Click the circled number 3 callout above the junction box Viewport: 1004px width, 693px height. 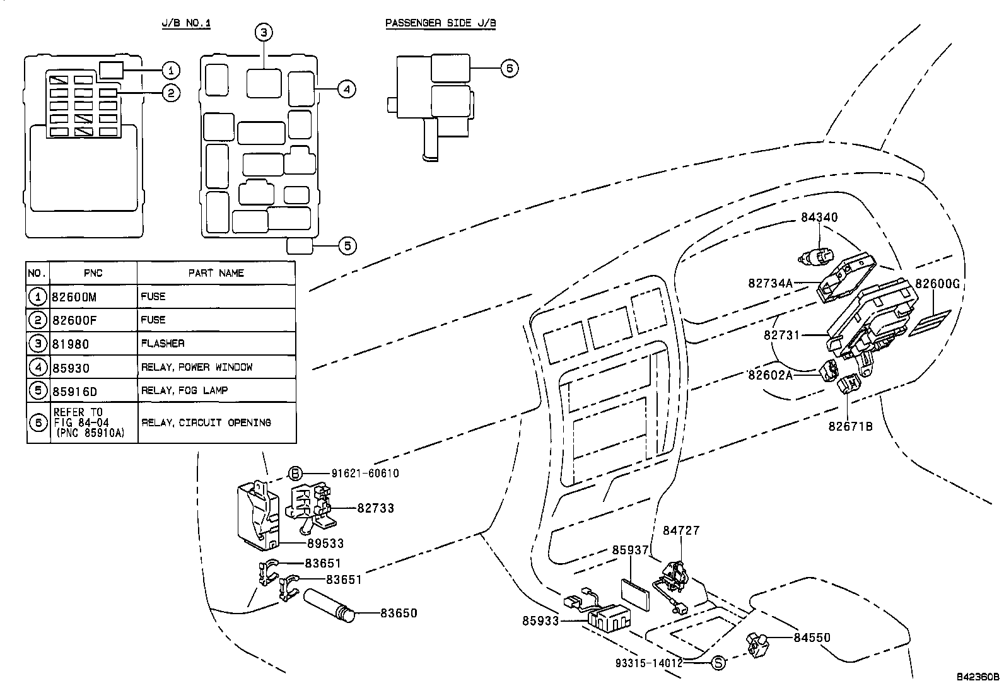pyautogui.click(x=264, y=32)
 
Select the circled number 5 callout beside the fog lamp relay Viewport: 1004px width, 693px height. pyautogui.click(x=347, y=245)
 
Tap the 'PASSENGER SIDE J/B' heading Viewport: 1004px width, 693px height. pyautogui.click(x=441, y=23)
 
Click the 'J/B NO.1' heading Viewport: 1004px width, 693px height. pyautogui.click(x=186, y=23)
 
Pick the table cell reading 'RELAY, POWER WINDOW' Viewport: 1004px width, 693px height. pyautogui.click(x=197, y=367)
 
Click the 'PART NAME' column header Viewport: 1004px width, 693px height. pyautogui.click(x=216, y=273)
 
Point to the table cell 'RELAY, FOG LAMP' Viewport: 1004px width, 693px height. pyautogui.click(x=185, y=390)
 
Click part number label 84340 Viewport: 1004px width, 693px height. pyautogui.click(x=819, y=218)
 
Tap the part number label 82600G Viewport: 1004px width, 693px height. pyautogui.click(x=937, y=284)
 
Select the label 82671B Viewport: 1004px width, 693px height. pyautogui.click(x=850, y=426)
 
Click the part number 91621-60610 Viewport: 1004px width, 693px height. pyautogui.click(x=365, y=474)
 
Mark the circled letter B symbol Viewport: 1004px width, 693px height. pyautogui.click(x=295, y=474)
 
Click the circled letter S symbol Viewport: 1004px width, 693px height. pyautogui.click(x=718, y=663)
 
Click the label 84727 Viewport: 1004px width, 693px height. pyautogui.click(x=681, y=531)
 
